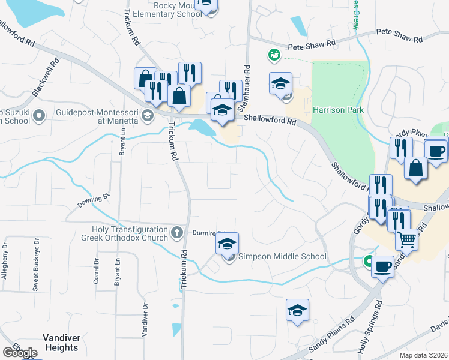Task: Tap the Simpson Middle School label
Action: (282, 257)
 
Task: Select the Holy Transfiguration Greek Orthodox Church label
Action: (130, 233)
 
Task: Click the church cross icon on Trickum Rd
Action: (176, 232)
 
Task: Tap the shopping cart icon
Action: (407, 239)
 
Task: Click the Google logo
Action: (20, 353)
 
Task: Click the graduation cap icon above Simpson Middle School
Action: (227, 244)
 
